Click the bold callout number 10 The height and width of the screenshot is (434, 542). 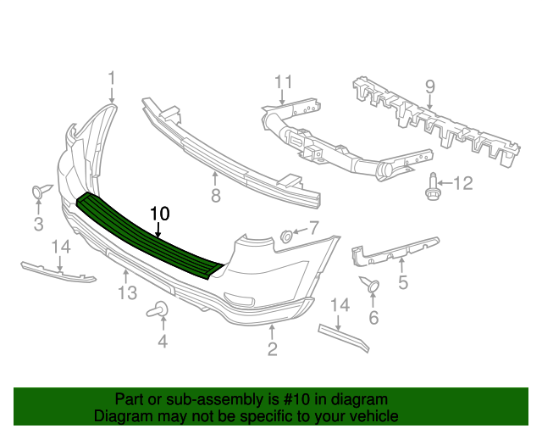(160, 214)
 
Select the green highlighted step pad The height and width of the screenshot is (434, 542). (149, 236)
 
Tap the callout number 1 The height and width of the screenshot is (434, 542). (111, 78)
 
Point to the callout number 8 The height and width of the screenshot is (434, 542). (216, 196)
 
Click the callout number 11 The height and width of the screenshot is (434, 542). (284, 82)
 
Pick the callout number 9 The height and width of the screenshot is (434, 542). (429, 86)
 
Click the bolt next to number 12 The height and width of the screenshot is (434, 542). (432, 186)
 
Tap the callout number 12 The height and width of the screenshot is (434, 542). (463, 183)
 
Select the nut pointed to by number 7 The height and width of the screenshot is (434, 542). (286, 236)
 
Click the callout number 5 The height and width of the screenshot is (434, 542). (403, 282)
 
